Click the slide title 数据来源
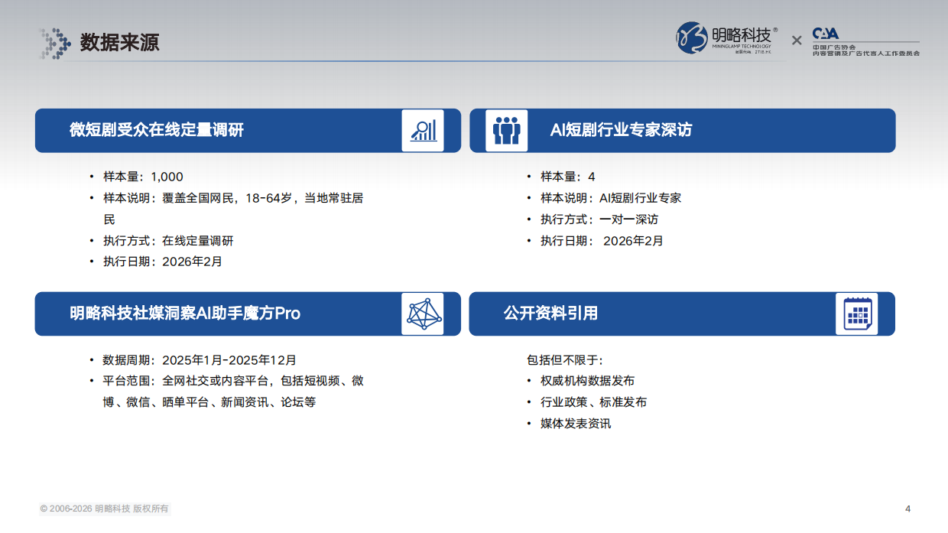[119, 43]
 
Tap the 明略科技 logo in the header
[727, 37]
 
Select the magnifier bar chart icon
[422, 130]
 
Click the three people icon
[506, 130]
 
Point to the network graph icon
[422, 314]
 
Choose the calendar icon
[856, 314]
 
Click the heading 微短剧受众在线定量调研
[157, 130]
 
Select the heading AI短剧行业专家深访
[621, 130]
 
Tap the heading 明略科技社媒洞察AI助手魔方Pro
[185, 314]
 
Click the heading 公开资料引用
[550, 314]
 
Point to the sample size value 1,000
[167, 177]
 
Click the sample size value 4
[592, 177]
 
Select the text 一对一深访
[628, 219]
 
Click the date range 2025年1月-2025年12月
[229, 359]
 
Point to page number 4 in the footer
[907, 509]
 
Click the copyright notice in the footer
[105, 509]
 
